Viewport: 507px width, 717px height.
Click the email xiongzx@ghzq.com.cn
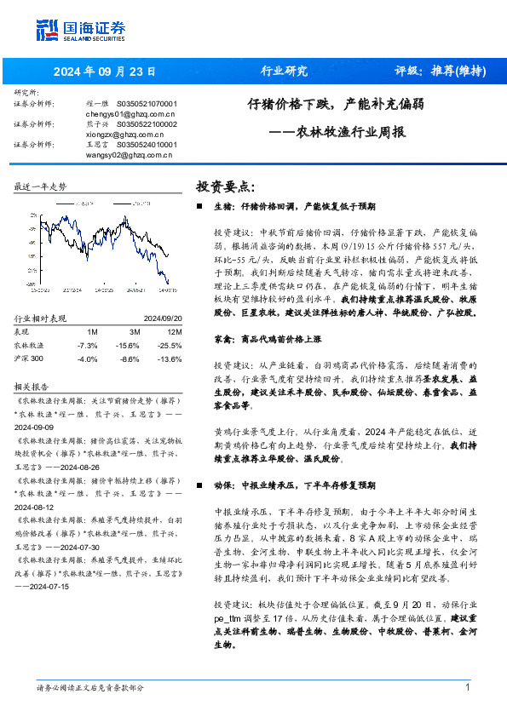click(x=126, y=134)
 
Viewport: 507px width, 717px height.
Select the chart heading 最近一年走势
click(x=40, y=186)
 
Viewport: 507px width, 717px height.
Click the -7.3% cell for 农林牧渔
click(x=87, y=345)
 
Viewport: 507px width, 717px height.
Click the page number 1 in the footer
click(x=467, y=687)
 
